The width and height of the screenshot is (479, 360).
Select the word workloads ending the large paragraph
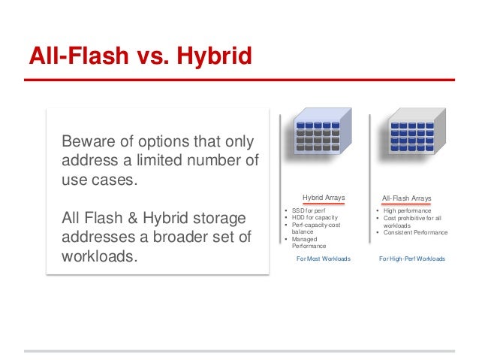100,256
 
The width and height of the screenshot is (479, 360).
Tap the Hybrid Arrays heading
324,198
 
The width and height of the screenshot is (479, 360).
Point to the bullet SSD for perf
309,210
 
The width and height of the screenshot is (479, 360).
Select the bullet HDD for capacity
315,218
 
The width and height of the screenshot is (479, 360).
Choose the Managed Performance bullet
309,243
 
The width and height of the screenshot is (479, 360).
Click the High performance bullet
406,211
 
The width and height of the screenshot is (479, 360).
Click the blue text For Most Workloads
324,258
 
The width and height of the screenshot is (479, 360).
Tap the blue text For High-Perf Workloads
411,258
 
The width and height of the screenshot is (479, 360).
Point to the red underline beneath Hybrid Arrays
324,204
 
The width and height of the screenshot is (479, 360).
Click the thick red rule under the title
239,79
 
